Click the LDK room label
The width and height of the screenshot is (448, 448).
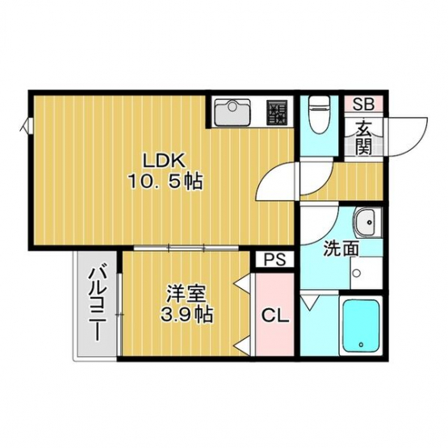pyautogui.click(x=164, y=161)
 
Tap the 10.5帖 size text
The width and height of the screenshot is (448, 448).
pyautogui.click(x=165, y=182)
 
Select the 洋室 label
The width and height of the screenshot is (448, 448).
pyautogui.click(x=186, y=294)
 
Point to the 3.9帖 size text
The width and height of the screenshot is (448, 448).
pyautogui.click(x=186, y=315)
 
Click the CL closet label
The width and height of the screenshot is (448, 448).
pyautogui.click(x=275, y=316)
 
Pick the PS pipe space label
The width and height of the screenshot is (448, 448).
pyautogui.click(x=274, y=259)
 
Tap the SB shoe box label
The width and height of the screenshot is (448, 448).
pyautogui.click(x=363, y=104)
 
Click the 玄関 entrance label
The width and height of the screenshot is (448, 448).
pyautogui.click(x=364, y=137)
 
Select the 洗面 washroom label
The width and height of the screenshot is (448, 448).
pyautogui.click(x=341, y=249)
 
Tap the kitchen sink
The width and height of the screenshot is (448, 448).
pyautogui.click(x=232, y=112)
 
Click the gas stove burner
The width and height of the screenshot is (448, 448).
pyautogui.click(x=277, y=112)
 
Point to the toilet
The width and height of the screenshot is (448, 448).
pyautogui.click(x=320, y=115)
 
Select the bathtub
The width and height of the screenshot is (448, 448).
pyautogui.click(x=361, y=325)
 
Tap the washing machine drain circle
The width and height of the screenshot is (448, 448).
pyautogui.click(x=357, y=273)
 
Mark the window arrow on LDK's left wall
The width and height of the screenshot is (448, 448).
pyautogui.click(x=25, y=125)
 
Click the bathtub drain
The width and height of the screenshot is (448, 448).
pyautogui.click(x=362, y=345)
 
